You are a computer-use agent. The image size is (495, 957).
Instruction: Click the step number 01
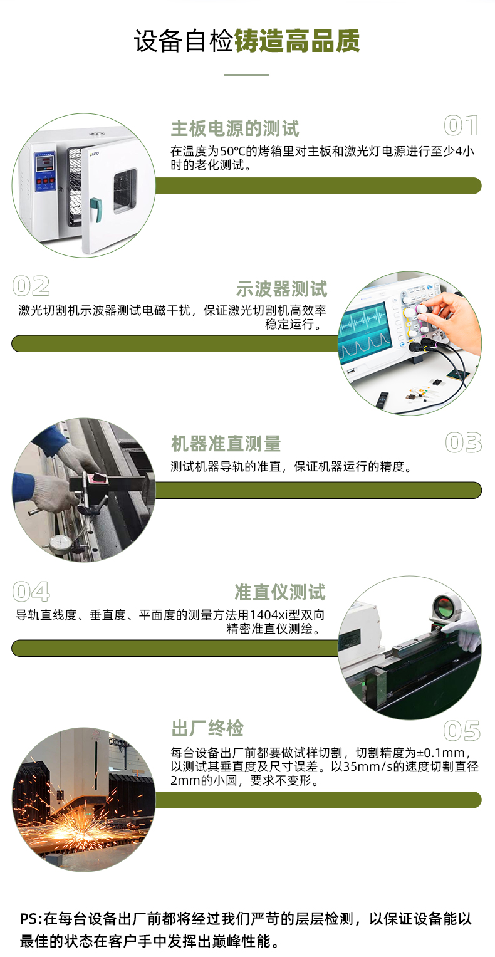point(461,125)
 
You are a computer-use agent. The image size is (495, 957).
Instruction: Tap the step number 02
point(31,286)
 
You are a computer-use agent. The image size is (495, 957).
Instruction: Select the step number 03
point(464,442)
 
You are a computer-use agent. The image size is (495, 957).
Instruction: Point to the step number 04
point(31,591)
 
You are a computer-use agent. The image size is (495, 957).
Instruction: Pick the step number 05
point(462,731)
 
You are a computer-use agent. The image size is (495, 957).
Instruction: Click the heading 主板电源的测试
point(235,128)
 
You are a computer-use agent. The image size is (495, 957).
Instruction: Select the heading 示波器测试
point(281,289)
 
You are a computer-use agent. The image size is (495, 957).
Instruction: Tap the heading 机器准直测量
point(226,444)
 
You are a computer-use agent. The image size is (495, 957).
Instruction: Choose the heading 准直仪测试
point(280,592)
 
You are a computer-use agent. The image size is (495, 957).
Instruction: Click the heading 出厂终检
point(207,728)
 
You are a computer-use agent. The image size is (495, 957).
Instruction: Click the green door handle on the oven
point(96,209)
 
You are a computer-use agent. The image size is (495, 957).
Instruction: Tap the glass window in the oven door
point(125,191)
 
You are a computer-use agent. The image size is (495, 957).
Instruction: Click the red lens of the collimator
point(444,605)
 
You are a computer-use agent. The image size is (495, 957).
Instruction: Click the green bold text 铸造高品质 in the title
point(297,41)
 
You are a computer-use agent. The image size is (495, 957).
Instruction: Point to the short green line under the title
point(247,75)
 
